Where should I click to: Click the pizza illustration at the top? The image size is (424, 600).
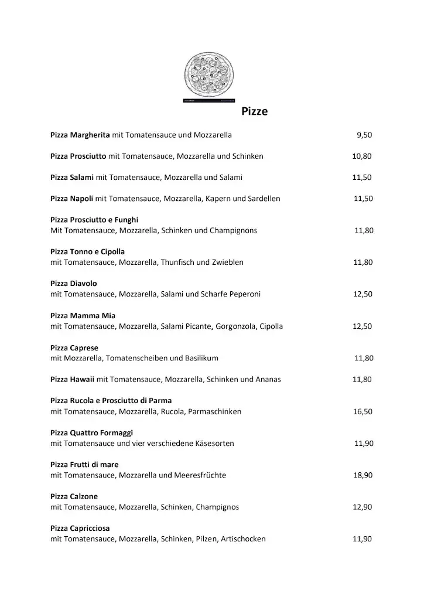[x=209, y=77]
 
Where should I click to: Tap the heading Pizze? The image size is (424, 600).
[x=255, y=111]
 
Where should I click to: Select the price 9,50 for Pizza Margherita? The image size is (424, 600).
[x=364, y=135]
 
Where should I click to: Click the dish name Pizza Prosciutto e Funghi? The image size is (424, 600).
[x=94, y=220]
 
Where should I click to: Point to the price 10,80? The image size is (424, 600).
[x=361, y=156]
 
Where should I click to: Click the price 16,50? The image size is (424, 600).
[x=363, y=411]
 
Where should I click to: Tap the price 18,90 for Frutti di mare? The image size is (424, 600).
[x=363, y=475]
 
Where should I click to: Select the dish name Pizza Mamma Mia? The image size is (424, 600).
[x=83, y=315]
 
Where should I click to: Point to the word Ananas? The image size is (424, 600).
[x=268, y=379]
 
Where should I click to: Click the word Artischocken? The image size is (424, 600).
[x=243, y=539]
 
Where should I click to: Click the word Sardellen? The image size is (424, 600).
[x=262, y=199]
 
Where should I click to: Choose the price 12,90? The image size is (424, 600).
[x=363, y=507]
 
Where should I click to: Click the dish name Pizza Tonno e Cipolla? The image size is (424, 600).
[x=88, y=251]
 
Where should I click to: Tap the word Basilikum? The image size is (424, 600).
[x=197, y=358]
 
